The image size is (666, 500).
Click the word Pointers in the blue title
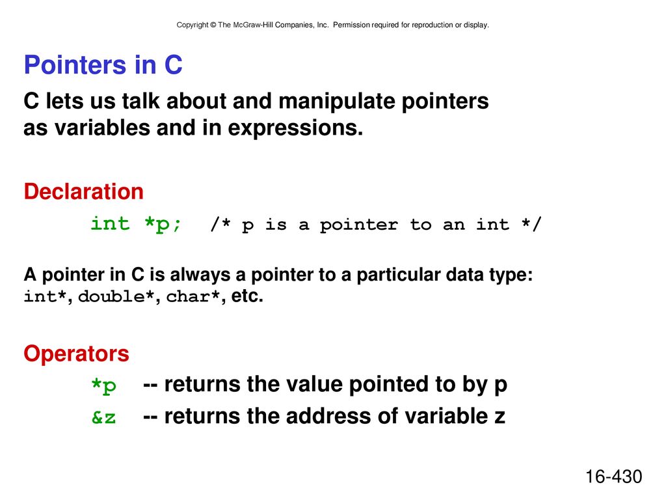click(75, 64)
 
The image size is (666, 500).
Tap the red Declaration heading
click(84, 191)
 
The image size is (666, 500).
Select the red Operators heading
click(77, 354)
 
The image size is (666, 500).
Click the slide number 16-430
click(614, 477)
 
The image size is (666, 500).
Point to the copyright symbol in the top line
click(213, 25)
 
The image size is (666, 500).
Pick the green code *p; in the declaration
click(163, 224)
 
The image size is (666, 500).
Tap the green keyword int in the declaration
click(110, 223)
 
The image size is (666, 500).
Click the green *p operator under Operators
click(104, 385)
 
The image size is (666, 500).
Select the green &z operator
click(103, 417)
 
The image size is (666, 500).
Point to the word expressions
click(295, 128)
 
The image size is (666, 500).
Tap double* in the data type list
click(116, 296)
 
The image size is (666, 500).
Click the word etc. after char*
click(247, 296)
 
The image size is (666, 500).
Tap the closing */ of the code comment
click(531, 224)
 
